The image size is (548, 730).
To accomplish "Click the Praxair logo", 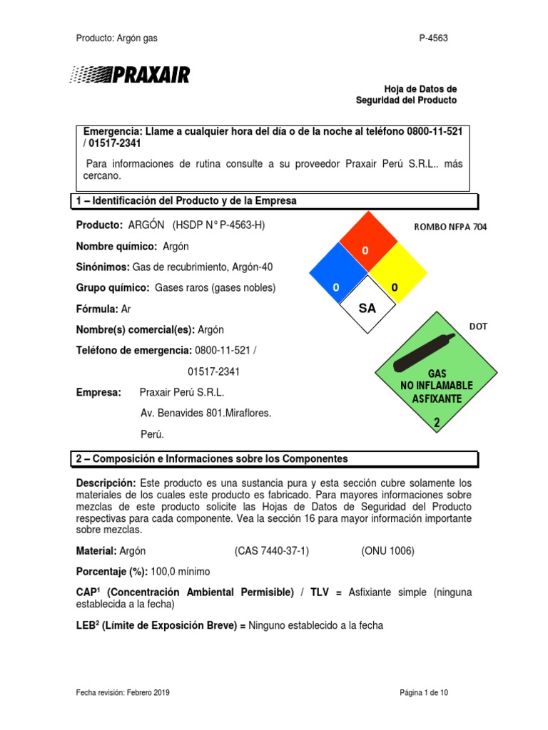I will (x=130, y=74).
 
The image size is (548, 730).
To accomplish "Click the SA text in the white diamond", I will (x=366, y=308).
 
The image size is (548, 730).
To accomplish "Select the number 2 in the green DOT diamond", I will (x=437, y=423).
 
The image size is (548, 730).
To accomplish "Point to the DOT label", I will (x=477, y=326).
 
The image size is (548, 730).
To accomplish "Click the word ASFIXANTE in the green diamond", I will (x=437, y=398).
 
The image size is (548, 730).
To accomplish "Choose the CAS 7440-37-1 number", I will (x=272, y=551).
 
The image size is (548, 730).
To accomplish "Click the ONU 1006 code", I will (x=387, y=551).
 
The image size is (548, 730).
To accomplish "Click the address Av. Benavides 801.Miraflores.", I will (x=205, y=413).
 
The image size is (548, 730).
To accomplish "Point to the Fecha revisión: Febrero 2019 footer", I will (x=123, y=692).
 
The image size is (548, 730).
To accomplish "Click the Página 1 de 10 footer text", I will (x=423, y=692).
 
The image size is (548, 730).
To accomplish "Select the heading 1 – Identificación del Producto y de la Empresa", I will (x=186, y=201).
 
